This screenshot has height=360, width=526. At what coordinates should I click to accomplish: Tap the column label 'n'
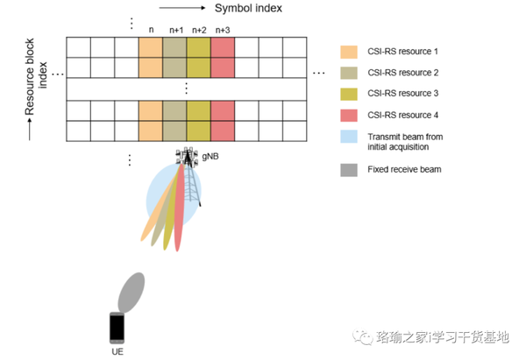pyautogui.click(x=151, y=30)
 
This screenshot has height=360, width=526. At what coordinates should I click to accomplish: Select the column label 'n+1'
pyautogui.click(x=174, y=30)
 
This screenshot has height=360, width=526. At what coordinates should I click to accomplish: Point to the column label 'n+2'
pyautogui.click(x=198, y=30)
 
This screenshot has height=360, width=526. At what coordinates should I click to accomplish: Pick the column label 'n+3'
pyautogui.click(x=222, y=30)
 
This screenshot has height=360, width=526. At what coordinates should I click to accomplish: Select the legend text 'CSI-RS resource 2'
pyautogui.click(x=407, y=73)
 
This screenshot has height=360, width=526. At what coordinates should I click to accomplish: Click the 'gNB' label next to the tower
pyautogui.click(x=210, y=154)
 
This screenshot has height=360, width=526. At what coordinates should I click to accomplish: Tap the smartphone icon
pyautogui.click(x=117, y=328)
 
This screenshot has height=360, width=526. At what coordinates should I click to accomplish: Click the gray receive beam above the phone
pyautogui.click(x=131, y=290)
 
